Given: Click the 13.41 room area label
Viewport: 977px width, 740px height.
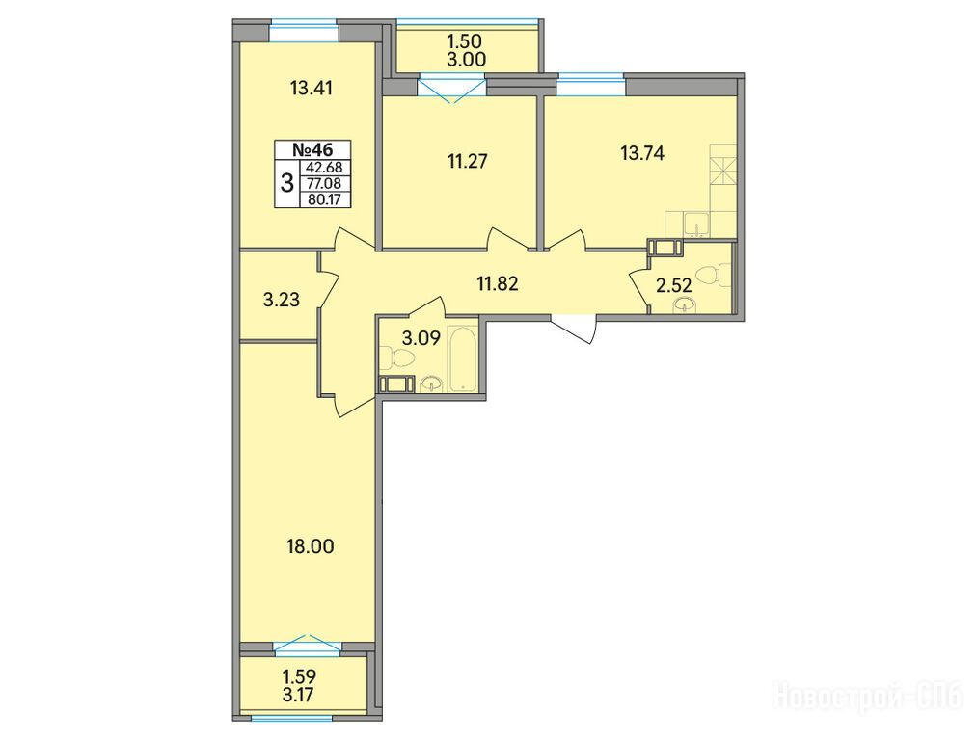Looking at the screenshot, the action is (x=312, y=88).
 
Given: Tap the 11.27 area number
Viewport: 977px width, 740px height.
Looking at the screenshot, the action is (x=468, y=162).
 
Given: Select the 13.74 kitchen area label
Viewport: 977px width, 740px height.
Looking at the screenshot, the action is (x=642, y=152).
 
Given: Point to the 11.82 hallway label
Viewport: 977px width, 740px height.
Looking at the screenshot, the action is (x=498, y=284).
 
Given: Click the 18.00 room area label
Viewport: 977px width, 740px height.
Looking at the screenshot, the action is (x=311, y=546).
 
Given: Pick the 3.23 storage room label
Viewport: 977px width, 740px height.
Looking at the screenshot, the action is (x=282, y=300).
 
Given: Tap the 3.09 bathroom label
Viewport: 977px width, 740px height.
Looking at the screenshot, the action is (x=421, y=338).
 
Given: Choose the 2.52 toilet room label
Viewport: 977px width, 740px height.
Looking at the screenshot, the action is (x=673, y=286).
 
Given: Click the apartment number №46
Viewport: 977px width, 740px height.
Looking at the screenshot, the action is (x=312, y=149).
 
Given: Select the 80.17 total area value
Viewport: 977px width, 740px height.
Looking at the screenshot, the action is (x=325, y=199).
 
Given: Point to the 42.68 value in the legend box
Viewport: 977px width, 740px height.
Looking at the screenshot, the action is (x=325, y=168).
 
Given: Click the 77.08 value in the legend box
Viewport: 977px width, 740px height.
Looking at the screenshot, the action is (x=325, y=184).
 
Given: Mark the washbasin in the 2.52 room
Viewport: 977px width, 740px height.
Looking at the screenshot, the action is (x=685, y=305).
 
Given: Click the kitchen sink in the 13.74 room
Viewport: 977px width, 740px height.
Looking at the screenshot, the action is (x=696, y=225).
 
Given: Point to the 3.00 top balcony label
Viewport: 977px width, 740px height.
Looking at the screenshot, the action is (x=467, y=60).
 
